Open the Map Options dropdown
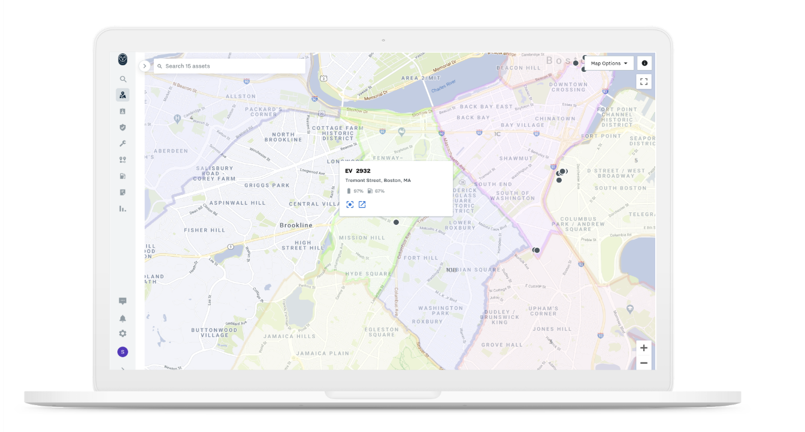609,63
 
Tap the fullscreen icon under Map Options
644,82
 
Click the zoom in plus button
644,348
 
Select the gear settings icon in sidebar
123,334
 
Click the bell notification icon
123,318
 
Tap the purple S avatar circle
123,352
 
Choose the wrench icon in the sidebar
123,144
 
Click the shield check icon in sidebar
123,127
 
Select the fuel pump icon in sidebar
123,177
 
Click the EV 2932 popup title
358,171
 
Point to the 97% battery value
358,191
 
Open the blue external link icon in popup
362,205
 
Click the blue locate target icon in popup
350,205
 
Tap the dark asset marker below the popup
396,222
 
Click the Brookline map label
296,225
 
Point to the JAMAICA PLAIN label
322,354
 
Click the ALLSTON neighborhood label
241,96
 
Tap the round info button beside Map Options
644,63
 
